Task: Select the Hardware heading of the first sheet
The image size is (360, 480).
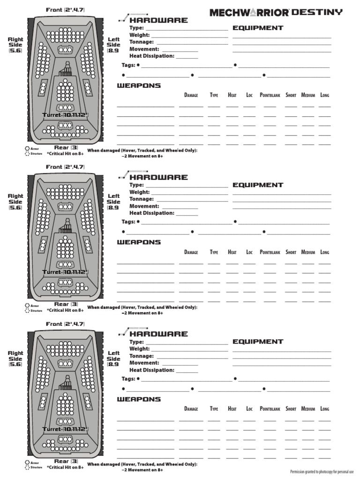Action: click(158, 20)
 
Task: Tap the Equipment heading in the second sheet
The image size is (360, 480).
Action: click(258, 185)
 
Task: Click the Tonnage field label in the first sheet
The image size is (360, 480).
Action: click(142, 42)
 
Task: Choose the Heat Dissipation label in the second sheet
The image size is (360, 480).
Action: click(152, 213)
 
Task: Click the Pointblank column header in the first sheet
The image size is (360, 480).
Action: click(270, 95)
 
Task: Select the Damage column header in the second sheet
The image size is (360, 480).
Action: click(191, 252)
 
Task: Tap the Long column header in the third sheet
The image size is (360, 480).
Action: click(324, 409)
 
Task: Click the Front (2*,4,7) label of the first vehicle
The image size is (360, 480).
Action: click(65, 10)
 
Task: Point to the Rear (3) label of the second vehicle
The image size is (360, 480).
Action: click(66, 304)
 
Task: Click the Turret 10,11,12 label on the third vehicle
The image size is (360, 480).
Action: click(65, 429)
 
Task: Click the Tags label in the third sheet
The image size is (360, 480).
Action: click(128, 379)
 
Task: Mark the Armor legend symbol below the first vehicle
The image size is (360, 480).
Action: click(27, 148)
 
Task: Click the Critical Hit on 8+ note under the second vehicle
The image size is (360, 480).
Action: click(65, 310)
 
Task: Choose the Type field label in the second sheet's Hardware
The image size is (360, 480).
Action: click(136, 185)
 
